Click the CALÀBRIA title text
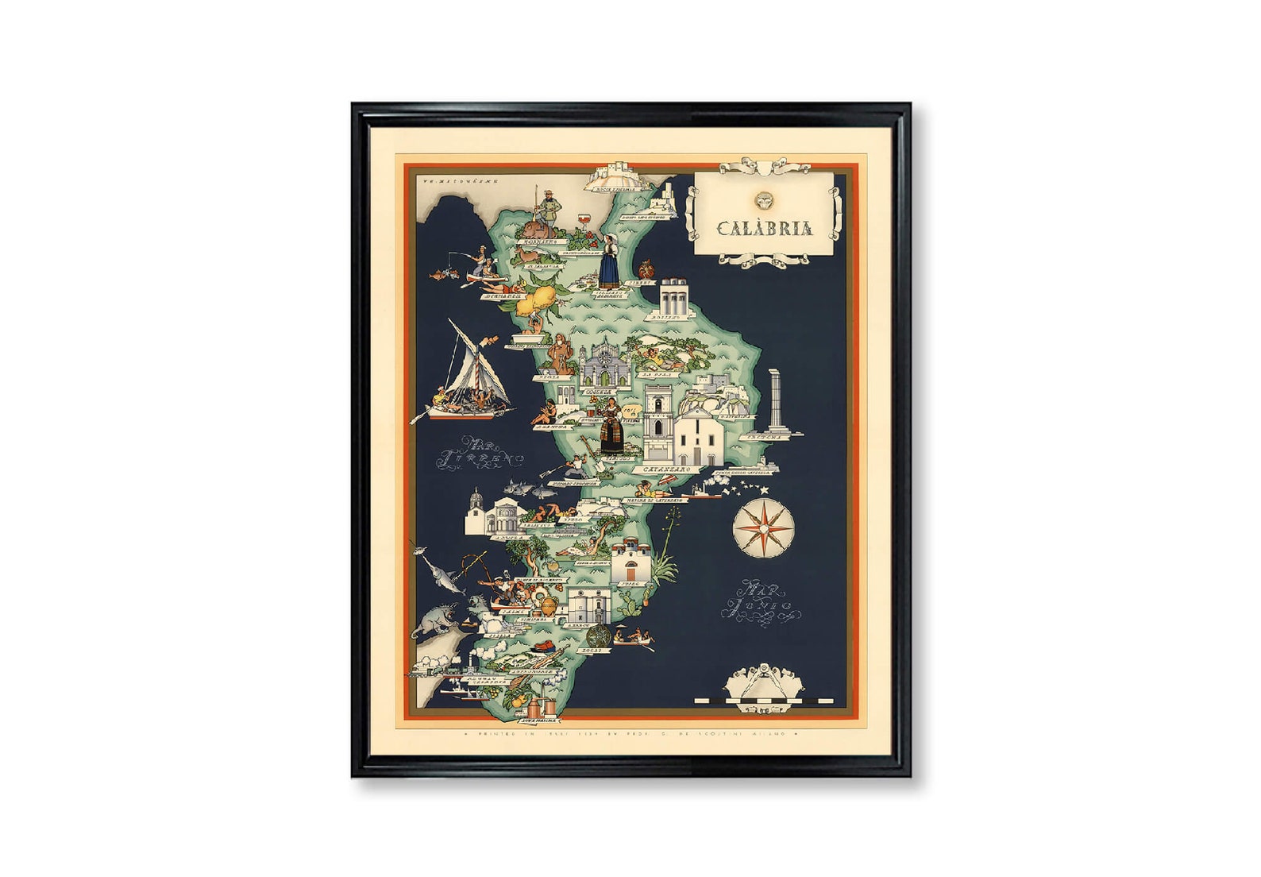[x=764, y=229]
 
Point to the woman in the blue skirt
[x=608, y=261]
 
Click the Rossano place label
[x=666, y=316]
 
